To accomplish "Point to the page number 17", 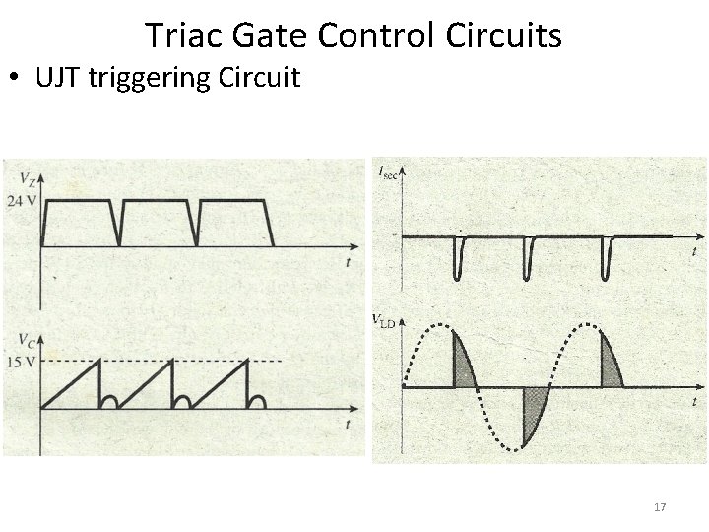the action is pos(660,507).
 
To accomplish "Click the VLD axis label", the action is pos(386,319).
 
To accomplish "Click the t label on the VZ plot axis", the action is pos(348,262).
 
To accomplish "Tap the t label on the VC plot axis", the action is pos(348,424).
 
